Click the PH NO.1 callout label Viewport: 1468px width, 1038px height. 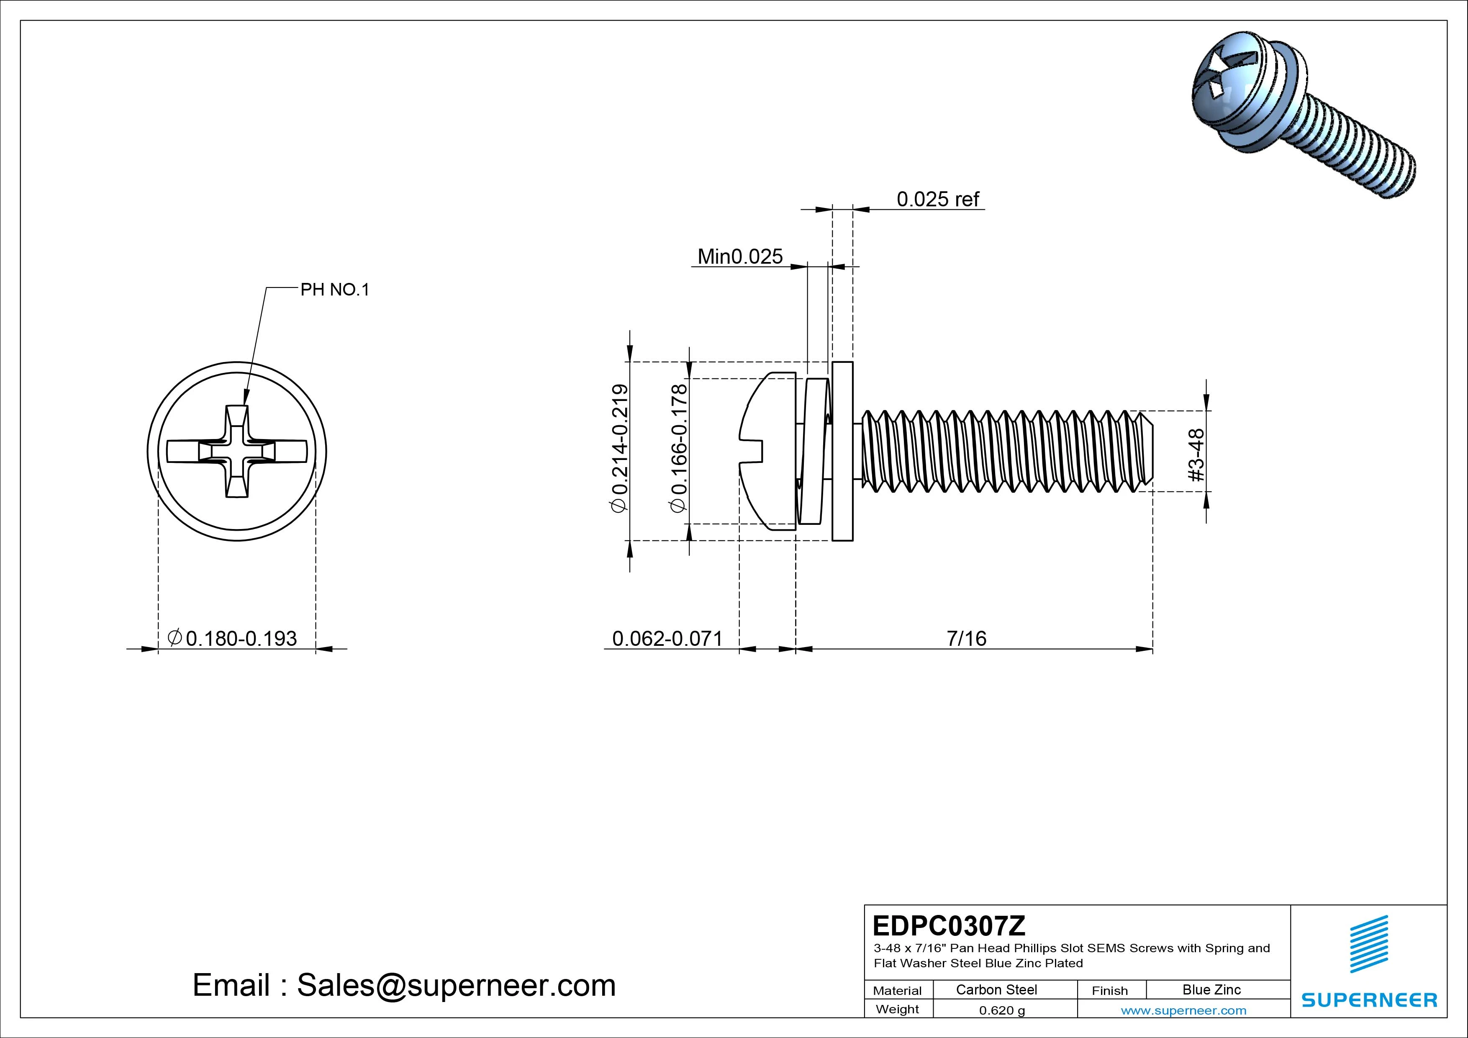tap(335, 290)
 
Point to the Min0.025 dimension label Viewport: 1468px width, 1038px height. tap(740, 257)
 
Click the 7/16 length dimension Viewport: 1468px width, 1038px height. tap(966, 638)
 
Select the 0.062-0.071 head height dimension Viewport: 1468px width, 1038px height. tap(667, 638)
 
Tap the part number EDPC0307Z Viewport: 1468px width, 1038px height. tap(948, 925)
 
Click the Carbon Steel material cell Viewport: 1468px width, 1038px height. tap(996, 989)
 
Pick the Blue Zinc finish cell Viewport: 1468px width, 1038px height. tap(1211, 989)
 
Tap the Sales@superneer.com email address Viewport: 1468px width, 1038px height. tap(456, 985)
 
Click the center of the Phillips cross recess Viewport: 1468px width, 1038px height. tap(237, 452)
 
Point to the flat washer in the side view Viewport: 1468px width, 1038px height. tap(843, 451)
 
